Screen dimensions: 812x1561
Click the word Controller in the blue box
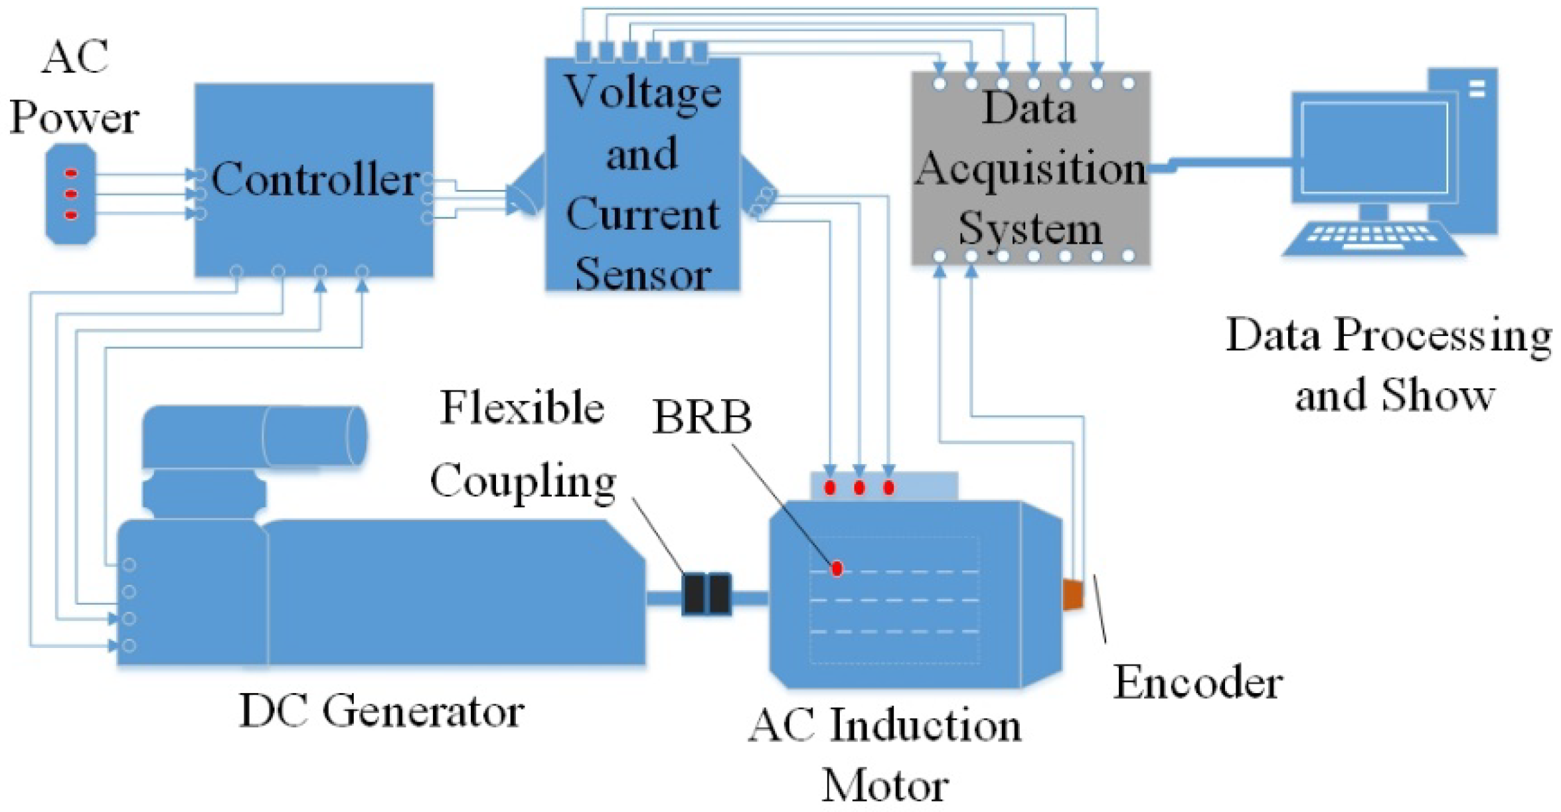pyautogui.click(x=315, y=179)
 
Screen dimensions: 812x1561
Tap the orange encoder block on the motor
pyautogui.click(x=1072, y=594)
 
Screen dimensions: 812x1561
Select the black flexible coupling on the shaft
pyautogui.click(x=706, y=594)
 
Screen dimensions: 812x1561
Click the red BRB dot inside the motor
pyautogui.click(x=837, y=568)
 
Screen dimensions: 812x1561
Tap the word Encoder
pyautogui.click(x=1197, y=683)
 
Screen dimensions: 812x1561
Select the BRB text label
pyautogui.click(x=702, y=418)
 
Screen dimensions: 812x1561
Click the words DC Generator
pyautogui.click(x=381, y=711)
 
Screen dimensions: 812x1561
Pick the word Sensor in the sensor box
pyautogui.click(x=643, y=274)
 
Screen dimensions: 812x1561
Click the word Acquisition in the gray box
pyautogui.click(x=1030, y=168)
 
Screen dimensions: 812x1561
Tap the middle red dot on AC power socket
pyautogui.click(x=71, y=194)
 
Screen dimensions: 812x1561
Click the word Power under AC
pyautogui.click(x=74, y=118)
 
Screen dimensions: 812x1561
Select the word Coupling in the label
pyautogui.click(x=523, y=481)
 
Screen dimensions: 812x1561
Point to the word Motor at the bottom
pyautogui.click(x=884, y=785)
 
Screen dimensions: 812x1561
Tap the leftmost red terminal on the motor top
pyautogui.click(x=829, y=488)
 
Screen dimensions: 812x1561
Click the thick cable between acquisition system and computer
pyautogui.click(x=1228, y=163)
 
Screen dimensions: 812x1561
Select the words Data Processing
pyautogui.click(x=1388, y=335)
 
